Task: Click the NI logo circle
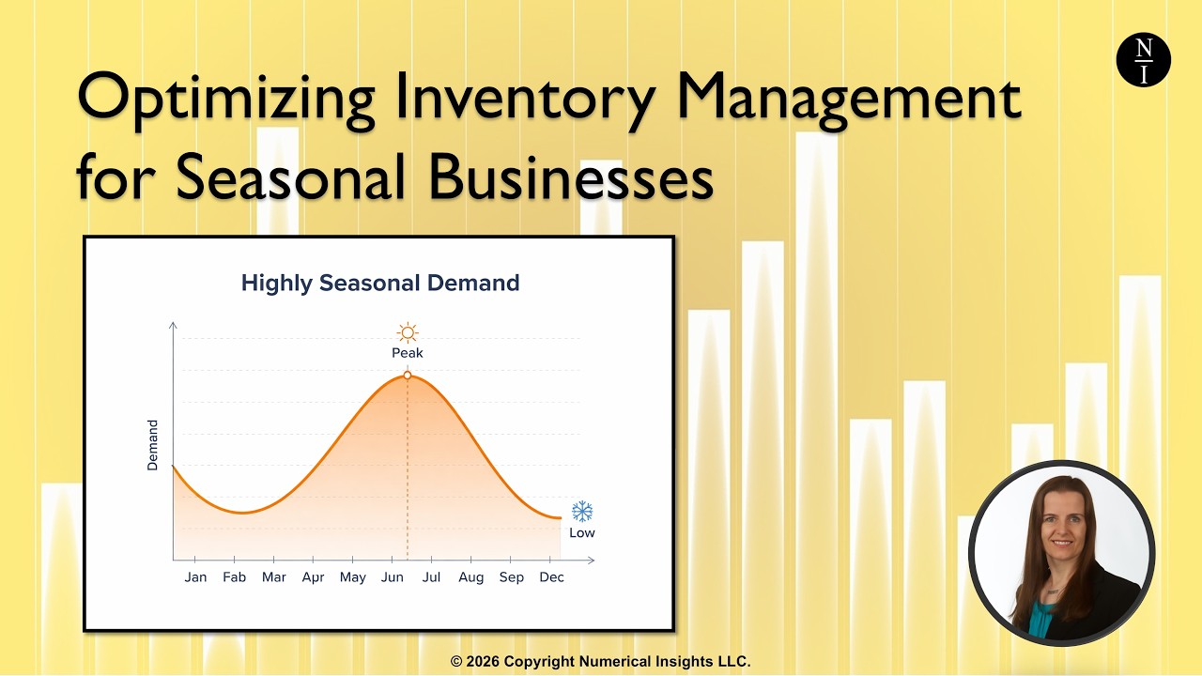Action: (1143, 60)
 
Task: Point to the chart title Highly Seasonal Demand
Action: (380, 283)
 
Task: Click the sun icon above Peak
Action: (407, 332)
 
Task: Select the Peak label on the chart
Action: (407, 353)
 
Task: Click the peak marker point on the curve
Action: (407, 376)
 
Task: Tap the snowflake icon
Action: (582, 512)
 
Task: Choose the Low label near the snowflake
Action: (582, 533)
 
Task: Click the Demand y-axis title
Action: (152, 445)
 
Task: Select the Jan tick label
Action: (195, 577)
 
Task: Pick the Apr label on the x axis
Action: (313, 577)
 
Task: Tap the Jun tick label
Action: (392, 577)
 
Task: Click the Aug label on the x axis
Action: (471, 577)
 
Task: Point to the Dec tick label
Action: (551, 577)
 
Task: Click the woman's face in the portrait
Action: (1061, 526)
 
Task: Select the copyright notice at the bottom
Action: (601, 662)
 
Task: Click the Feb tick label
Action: (234, 577)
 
